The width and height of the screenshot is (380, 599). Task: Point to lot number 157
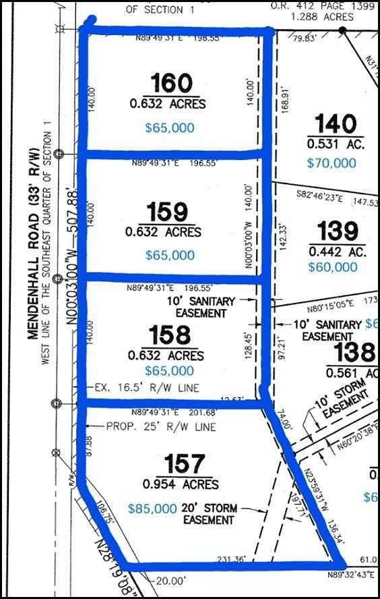[x=184, y=464]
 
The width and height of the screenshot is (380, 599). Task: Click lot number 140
[x=336, y=124]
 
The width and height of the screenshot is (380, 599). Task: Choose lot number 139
[x=338, y=231]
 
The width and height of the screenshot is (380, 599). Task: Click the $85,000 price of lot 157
[x=152, y=509]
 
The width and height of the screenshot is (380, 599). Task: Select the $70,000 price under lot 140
[x=331, y=163]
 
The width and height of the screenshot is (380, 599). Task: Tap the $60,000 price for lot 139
[x=333, y=266]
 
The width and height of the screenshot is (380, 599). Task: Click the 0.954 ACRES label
[x=181, y=484]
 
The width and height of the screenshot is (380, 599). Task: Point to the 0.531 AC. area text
[x=336, y=144]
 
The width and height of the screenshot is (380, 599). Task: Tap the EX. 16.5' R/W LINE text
[x=137, y=388]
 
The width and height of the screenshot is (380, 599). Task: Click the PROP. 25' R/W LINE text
[x=161, y=427]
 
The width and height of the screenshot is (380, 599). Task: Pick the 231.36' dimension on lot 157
[x=228, y=558]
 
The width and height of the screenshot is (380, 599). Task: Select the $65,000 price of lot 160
[x=170, y=127]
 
